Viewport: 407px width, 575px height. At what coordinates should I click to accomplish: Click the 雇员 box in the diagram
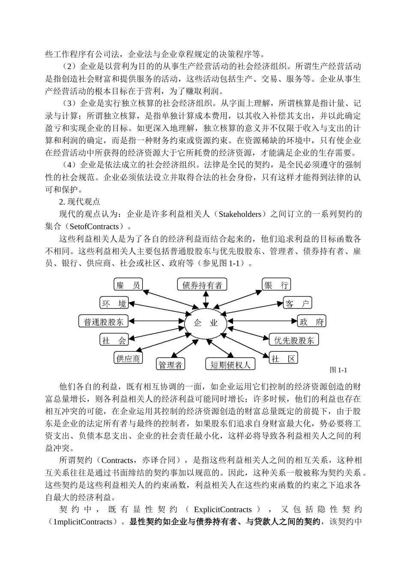(128, 285)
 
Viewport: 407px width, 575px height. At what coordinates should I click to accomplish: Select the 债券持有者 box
(202, 285)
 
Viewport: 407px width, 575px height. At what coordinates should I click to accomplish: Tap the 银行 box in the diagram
(276, 285)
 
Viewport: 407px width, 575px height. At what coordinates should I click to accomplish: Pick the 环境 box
(114, 303)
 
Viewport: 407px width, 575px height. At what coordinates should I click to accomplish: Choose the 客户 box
(297, 303)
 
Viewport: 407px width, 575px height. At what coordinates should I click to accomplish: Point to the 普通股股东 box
(103, 321)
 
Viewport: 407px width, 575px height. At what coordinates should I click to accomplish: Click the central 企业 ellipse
(206, 323)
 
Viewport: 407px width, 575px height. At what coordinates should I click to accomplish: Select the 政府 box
(311, 321)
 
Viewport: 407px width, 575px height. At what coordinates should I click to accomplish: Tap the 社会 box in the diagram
(114, 340)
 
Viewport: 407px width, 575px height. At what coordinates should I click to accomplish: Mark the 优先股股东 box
(294, 340)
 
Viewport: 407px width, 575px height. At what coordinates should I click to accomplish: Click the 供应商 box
(128, 358)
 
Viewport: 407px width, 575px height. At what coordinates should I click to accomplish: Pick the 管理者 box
(171, 365)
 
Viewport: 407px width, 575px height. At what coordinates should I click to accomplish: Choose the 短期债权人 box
(230, 365)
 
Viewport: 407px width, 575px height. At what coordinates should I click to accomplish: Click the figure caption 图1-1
(338, 370)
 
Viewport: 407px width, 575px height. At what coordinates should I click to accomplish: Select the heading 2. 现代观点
(79, 201)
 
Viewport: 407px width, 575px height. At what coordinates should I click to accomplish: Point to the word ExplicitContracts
(223, 509)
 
